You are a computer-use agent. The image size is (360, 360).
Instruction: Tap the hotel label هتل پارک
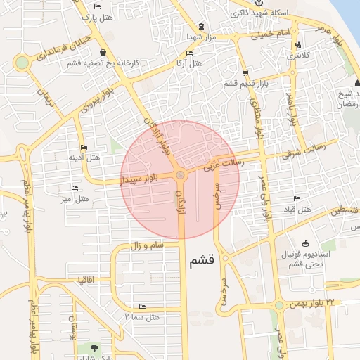[97, 16]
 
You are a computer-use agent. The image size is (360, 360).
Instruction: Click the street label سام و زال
[146, 245]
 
